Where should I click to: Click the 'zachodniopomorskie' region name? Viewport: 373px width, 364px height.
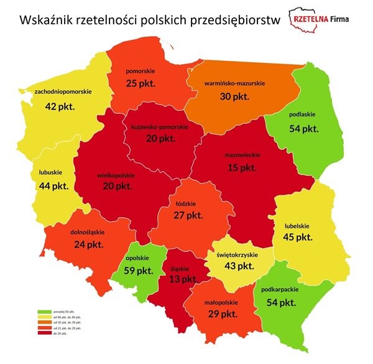click(x=63, y=92)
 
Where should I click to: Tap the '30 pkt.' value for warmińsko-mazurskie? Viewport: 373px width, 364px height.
click(x=236, y=96)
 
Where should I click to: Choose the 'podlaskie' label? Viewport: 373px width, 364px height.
click(x=303, y=114)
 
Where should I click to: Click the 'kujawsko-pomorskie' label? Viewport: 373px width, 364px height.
click(x=160, y=128)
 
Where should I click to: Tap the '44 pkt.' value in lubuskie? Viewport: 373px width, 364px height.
click(x=52, y=186)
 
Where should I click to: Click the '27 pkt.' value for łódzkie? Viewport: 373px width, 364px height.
click(x=188, y=215)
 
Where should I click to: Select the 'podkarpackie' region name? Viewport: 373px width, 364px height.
click(x=298, y=290)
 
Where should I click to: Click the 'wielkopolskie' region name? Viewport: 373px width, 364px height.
click(x=116, y=175)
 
